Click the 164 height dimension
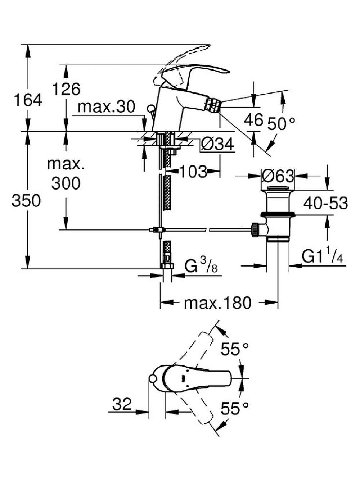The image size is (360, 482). (x=28, y=100)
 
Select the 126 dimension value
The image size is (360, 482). (x=66, y=89)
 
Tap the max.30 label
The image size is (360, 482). (x=106, y=107)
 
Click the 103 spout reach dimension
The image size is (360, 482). (x=193, y=172)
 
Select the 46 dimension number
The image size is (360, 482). (x=253, y=120)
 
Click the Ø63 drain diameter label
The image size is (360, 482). (x=278, y=176)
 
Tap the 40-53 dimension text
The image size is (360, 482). (x=325, y=203)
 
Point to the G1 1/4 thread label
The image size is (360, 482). (x=322, y=256)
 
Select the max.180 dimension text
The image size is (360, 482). (x=217, y=303)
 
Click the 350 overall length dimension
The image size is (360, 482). (x=26, y=200)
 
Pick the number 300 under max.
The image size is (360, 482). (x=66, y=183)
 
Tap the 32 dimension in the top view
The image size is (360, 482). (x=122, y=403)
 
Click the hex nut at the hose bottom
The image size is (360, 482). (x=167, y=266)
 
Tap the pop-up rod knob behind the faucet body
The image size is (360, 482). (x=151, y=108)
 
